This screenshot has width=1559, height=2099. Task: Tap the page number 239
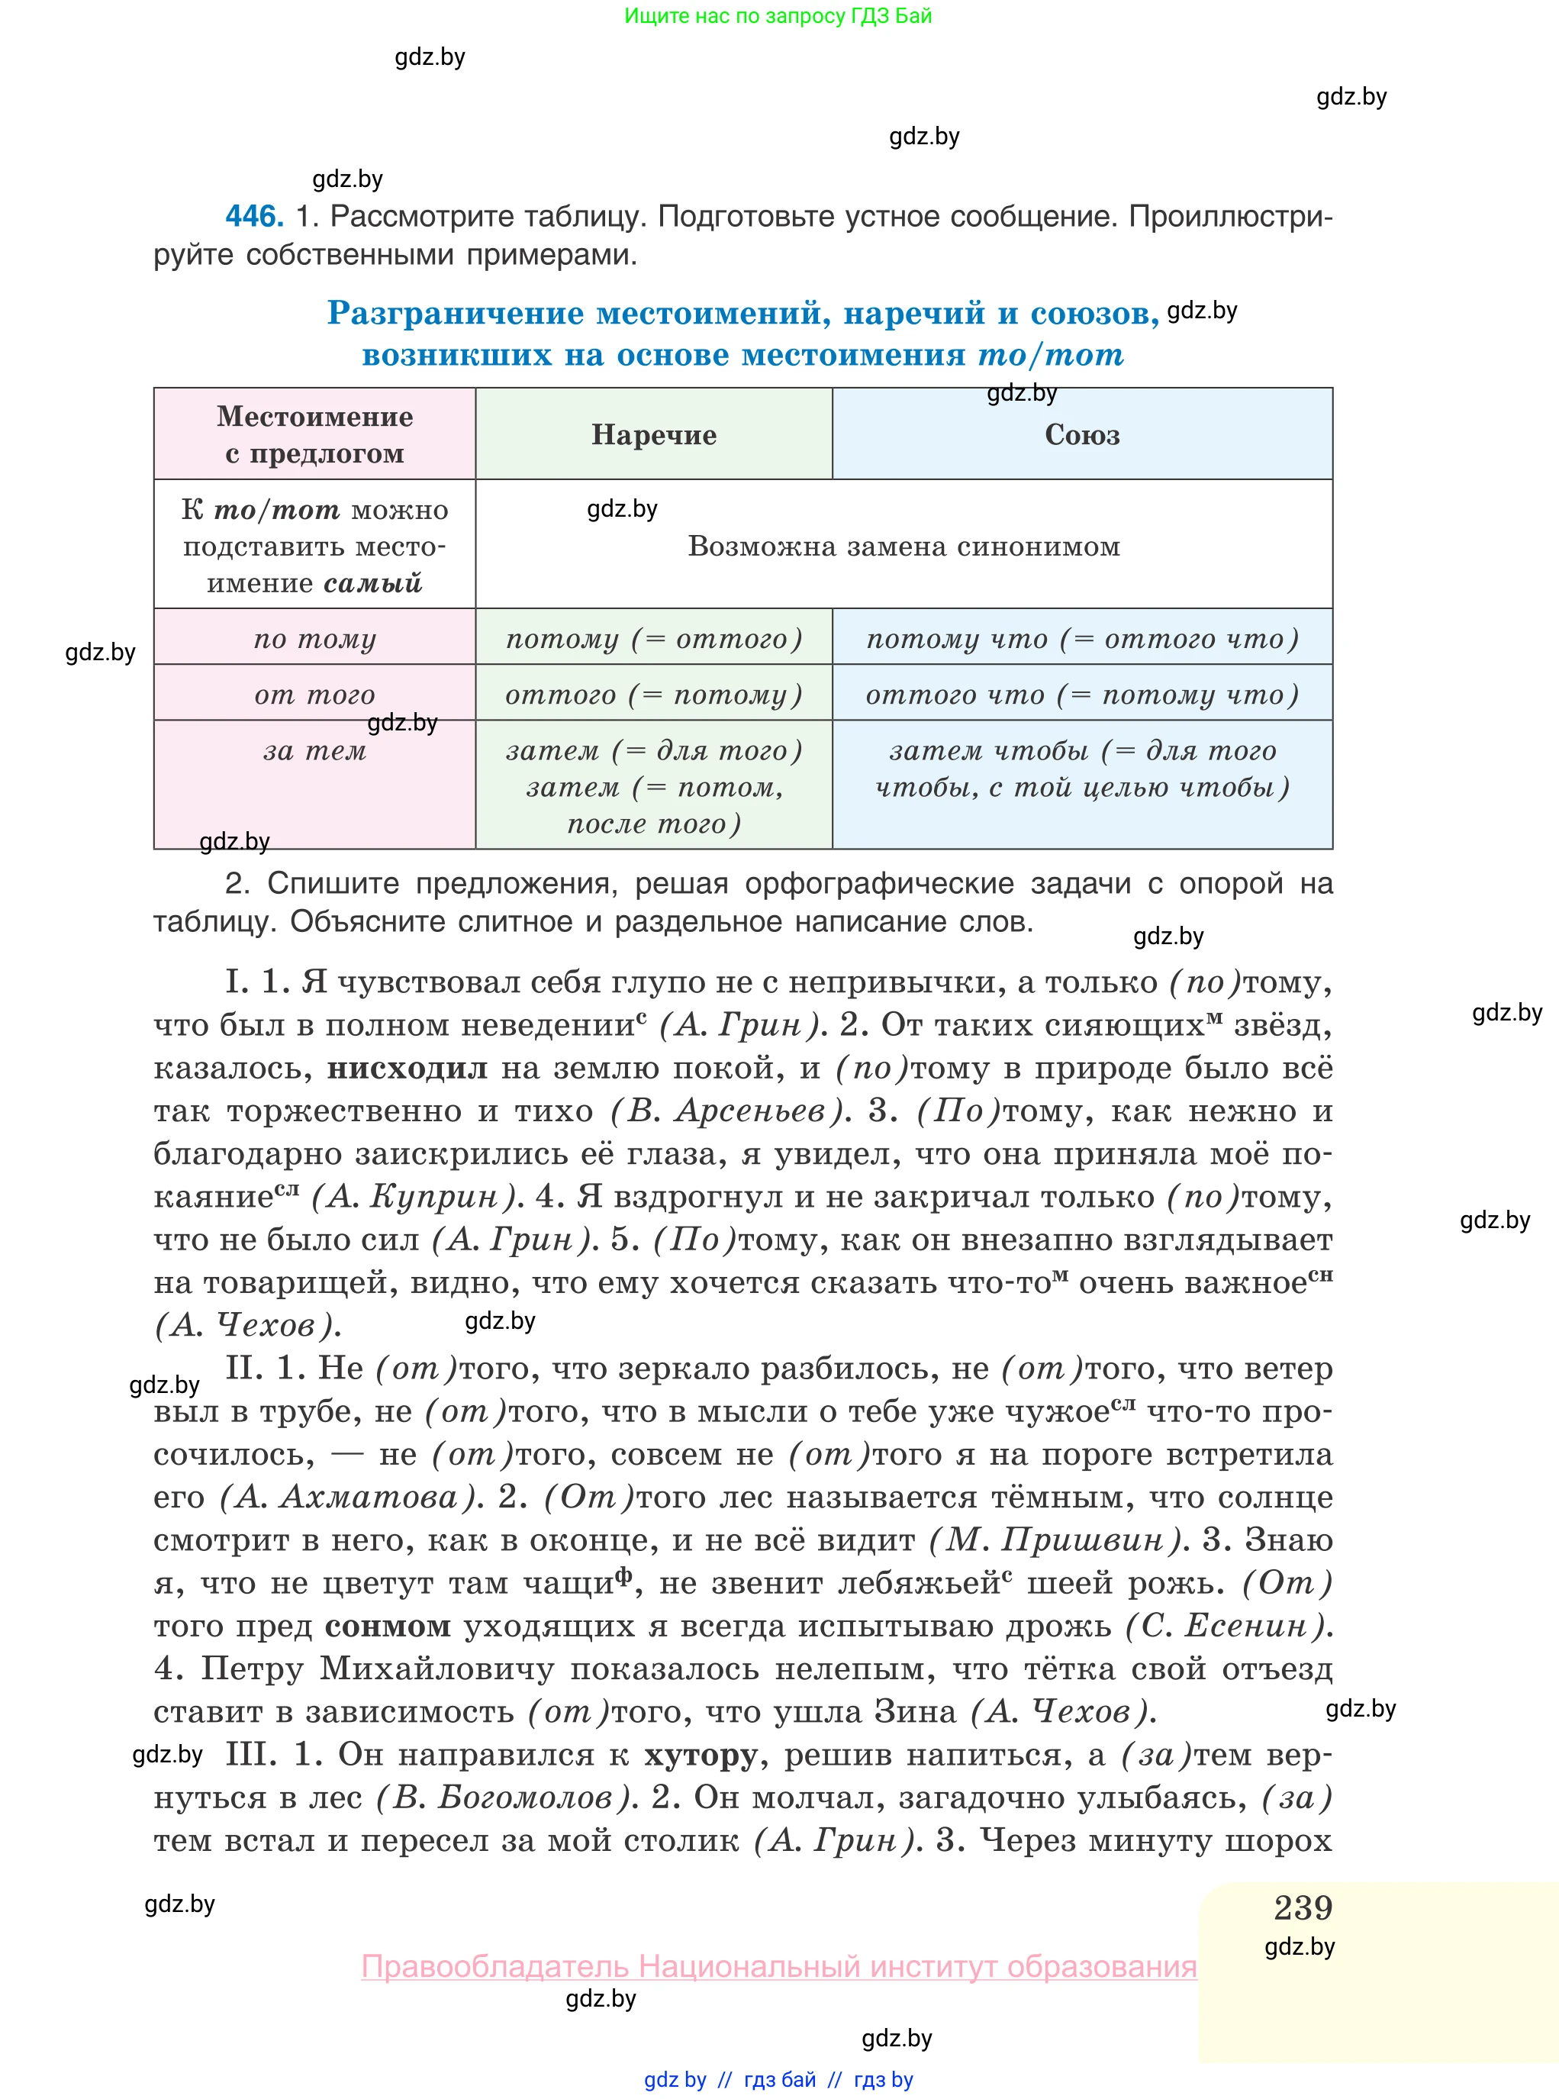coord(1303,1907)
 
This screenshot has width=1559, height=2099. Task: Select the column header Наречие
coord(653,434)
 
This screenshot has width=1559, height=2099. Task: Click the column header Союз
coord(1081,434)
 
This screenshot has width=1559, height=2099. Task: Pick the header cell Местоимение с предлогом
coord(314,434)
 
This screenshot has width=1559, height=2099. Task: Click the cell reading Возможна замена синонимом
coord(904,546)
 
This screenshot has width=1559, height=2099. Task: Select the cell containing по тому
coord(314,638)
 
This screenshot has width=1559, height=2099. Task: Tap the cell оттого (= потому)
coord(653,694)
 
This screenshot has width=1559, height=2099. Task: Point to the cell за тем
coord(314,751)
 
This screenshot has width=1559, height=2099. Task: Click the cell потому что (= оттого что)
coord(1081,638)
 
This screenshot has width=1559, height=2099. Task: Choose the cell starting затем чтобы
coord(1081,769)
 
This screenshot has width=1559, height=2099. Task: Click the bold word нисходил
coord(407,1069)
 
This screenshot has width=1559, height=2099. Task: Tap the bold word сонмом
coord(387,1627)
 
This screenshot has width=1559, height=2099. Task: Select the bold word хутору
coord(701,1756)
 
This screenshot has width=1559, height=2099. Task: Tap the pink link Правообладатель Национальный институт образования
coord(778,1966)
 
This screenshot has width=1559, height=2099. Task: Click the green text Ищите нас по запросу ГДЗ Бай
coord(778,15)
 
